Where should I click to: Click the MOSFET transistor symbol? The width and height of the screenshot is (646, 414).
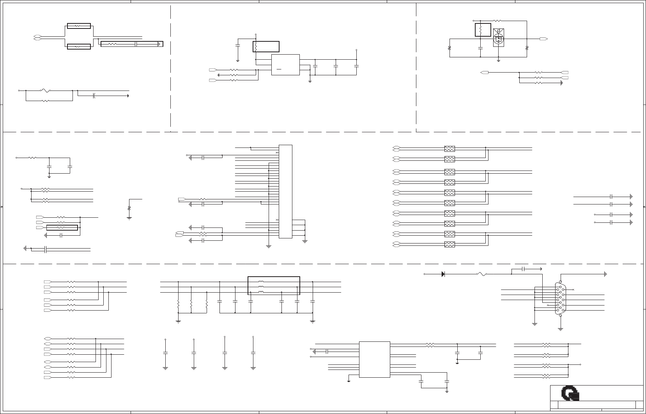click(x=498, y=38)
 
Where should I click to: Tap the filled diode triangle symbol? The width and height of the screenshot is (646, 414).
click(x=443, y=274)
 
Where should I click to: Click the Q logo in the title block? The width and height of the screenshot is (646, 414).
click(x=571, y=394)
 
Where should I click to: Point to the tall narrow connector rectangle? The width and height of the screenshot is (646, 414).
click(x=285, y=191)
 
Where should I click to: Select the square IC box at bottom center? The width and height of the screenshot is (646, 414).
click(x=374, y=359)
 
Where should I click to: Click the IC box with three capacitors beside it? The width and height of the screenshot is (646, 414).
click(x=285, y=64)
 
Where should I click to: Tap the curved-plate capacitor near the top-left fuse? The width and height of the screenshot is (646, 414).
click(x=94, y=96)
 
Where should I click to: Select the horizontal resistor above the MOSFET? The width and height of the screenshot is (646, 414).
click(x=497, y=20)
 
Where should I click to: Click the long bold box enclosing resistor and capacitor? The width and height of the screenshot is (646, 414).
click(x=132, y=44)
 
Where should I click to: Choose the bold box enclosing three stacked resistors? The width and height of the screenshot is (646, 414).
click(x=274, y=286)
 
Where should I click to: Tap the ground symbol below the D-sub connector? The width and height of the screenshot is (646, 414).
click(x=561, y=329)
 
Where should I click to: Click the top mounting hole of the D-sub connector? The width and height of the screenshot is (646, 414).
click(x=561, y=282)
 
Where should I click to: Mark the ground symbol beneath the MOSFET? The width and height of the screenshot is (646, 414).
click(x=499, y=60)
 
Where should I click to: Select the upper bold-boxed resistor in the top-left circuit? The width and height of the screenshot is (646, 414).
click(x=79, y=26)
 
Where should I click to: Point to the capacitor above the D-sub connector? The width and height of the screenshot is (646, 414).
click(x=524, y=269)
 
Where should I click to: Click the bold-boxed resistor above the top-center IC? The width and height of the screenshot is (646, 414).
click(x=266, y=46)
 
